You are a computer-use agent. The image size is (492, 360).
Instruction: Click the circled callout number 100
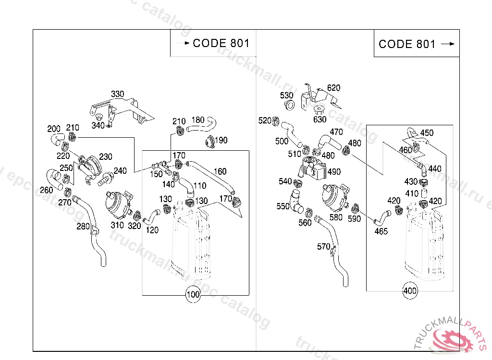193,295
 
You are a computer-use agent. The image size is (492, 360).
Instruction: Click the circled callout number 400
410,291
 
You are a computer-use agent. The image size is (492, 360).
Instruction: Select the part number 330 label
117,94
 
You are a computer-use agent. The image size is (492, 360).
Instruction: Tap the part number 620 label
333,88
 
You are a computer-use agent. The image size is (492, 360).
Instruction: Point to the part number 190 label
221,141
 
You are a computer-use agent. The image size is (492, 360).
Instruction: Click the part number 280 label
83,226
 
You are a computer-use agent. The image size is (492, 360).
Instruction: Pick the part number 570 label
323,247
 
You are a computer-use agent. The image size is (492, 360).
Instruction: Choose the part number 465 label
381,231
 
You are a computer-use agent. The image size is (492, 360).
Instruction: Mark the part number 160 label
220,171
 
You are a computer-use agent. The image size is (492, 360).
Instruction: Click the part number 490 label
334,172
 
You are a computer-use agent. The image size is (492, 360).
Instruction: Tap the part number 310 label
117,225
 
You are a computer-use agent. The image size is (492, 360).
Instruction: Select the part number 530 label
286,96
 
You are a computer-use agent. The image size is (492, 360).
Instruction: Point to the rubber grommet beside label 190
209,141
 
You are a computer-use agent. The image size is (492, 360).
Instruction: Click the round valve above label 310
117,204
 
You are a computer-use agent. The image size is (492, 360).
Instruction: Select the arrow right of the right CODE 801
448,44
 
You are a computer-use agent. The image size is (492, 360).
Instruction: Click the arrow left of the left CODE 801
182,43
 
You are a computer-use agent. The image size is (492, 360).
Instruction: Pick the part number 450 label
427,133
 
